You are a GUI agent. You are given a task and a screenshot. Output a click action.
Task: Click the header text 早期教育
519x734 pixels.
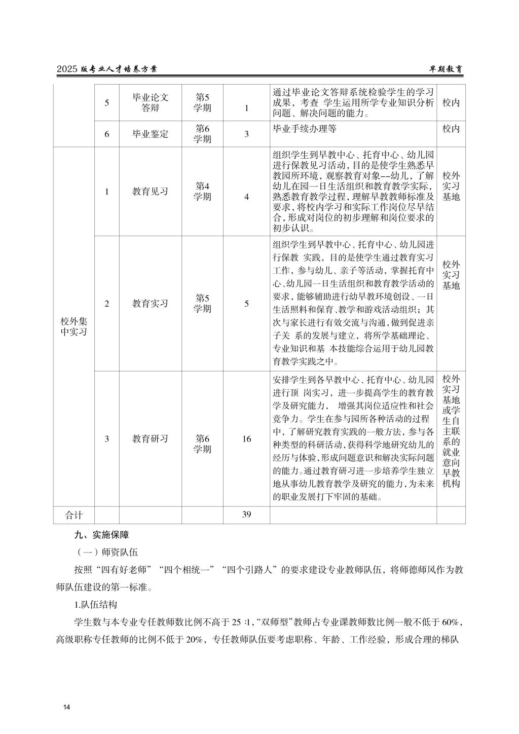click(x=446, y=69)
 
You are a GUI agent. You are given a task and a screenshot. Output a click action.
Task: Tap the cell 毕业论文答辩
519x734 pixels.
click(x=150, y=102)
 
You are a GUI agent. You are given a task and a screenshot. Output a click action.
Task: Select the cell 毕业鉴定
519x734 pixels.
click(x=150, y=134)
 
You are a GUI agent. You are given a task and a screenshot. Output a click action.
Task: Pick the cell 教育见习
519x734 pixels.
click(x=150, y=192)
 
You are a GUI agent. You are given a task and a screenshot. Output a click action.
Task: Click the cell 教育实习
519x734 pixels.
click(x=150, y=304)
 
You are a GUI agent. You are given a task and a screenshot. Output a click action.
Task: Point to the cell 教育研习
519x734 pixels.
click(x=150, y=438)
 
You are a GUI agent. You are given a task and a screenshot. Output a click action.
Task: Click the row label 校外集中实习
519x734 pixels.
click(x=74, y=326)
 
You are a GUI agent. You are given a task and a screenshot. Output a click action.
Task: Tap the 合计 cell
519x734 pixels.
click(x=74, y=515)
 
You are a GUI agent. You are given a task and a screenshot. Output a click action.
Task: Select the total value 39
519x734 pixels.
click(x=246, y=515)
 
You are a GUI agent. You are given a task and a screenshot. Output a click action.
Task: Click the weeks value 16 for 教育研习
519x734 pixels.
click(x=246, y=438)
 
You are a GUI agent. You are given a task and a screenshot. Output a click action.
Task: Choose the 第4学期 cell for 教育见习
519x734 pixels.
click(x=202, y=192)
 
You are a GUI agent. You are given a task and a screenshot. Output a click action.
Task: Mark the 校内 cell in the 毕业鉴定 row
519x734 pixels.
click(x=451, y=129)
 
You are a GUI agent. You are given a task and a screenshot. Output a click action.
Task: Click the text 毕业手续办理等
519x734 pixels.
click(x=305, y=129)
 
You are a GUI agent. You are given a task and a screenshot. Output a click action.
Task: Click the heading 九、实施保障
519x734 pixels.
click(x=101, y=534)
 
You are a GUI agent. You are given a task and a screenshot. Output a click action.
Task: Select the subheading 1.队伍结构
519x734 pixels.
click(x=96, y=604)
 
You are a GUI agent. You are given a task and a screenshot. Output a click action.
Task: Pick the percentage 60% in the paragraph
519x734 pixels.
click(x=450, y=622)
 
